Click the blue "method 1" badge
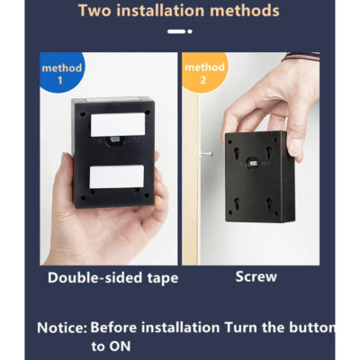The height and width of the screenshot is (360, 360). point(62,72)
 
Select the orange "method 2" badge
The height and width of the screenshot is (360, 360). point(205,72)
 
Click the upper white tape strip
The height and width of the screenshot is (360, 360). point(118,124)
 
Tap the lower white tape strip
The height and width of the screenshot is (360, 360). point(117,177)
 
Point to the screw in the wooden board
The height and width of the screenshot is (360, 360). point(205,154)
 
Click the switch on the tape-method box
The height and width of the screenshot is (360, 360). point(114,139)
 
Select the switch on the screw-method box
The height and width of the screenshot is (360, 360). point(253,164)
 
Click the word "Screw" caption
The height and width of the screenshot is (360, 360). point(256,276)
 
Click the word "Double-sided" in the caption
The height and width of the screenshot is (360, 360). point(95,277)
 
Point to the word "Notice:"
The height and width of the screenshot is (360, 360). point(62,328)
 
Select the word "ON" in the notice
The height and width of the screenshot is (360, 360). point(120,346)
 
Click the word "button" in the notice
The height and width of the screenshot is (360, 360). point(312,327)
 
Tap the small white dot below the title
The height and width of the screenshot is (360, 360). point(190,31)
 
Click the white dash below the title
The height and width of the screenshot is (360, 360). point(176,31)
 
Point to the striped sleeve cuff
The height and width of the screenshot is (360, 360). point(301,57)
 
